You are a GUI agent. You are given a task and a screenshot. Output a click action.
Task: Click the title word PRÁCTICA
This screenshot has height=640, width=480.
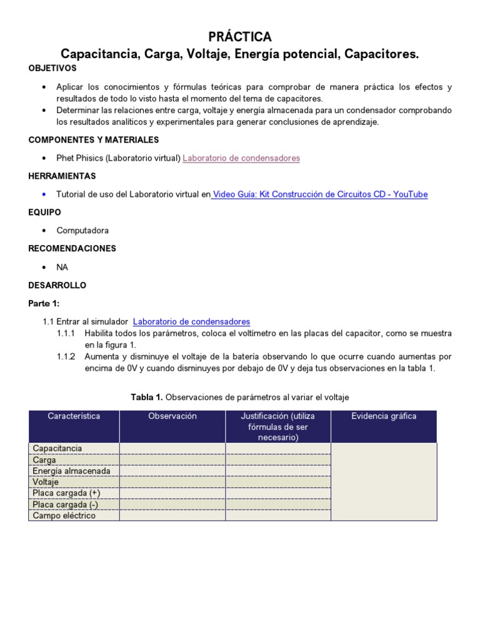point(240,36)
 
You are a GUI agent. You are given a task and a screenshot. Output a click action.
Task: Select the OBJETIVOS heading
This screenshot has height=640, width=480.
point(52,67)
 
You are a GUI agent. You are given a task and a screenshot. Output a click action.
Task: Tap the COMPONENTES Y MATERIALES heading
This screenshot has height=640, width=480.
point(94,140)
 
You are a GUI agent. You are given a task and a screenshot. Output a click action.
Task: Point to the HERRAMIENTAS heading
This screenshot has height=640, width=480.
point(62,176)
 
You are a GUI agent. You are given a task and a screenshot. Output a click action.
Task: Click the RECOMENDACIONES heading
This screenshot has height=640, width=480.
point(72,249)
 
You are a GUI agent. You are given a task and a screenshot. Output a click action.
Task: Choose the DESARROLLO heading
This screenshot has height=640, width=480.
point(57,285)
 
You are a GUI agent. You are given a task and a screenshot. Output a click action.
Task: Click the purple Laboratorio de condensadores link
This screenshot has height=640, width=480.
point(241,158)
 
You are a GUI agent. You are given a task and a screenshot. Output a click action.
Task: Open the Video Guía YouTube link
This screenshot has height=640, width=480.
point(320,194)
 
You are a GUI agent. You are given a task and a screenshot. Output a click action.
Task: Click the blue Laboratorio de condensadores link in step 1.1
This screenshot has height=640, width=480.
point(191,321)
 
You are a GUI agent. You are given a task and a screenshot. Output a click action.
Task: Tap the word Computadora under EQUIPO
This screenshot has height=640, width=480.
point(83,231)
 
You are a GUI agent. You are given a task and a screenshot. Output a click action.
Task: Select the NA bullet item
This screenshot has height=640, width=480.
point(62,267)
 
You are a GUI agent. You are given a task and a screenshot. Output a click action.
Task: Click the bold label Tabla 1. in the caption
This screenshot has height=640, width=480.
point(146,397)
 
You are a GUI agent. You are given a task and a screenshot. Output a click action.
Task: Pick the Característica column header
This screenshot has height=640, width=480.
point(74,416)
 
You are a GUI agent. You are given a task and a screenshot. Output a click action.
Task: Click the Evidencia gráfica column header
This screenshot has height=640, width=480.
point(384,416)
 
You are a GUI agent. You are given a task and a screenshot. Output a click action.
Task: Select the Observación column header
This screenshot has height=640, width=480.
point(172,416)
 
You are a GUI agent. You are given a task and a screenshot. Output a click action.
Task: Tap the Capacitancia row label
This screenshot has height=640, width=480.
point(57,448)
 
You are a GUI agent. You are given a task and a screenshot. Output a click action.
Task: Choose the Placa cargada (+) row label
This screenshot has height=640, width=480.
point(66,493)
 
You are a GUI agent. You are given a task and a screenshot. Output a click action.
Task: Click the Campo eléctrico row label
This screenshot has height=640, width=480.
point(64,516)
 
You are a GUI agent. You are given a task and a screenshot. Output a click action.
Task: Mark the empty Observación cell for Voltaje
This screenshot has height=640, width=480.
point(172,482)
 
